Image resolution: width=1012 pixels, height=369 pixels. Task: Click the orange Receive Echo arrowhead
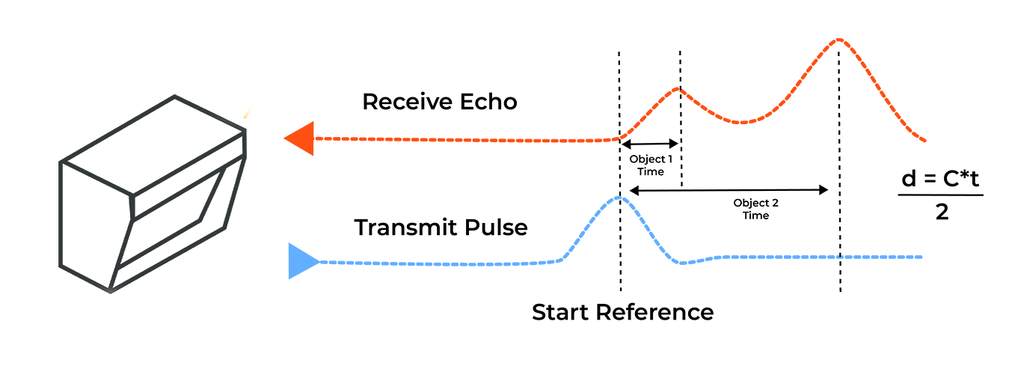[x=301, y=139]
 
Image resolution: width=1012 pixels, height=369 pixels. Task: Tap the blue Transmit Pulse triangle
[x=301, y=261]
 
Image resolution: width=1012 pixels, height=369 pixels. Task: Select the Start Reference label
[x=622, y=312]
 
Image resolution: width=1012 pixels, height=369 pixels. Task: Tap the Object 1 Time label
[x=650, y=165]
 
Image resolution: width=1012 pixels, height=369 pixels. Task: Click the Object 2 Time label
[x=755, y=209]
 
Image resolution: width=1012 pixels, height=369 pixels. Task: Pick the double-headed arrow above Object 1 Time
[x=649, y=144]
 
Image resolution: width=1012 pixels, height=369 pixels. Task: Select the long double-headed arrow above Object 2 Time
[x=729, y=191]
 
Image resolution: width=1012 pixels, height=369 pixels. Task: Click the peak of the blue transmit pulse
[x=619, y=198]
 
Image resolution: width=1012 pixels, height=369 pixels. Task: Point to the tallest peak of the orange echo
[x=839, y=39]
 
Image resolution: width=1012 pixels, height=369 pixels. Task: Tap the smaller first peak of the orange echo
[x=678, y=88]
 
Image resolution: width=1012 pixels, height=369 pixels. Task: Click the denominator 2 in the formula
[x=941, y=213]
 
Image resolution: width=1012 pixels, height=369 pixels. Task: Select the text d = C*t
[x=940, y=180]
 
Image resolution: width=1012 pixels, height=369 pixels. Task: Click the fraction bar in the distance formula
[x=940, y=196]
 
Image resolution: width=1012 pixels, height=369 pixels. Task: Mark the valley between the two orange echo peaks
[x=740, y=122]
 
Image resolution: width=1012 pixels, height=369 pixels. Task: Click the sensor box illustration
[x=153, y=195]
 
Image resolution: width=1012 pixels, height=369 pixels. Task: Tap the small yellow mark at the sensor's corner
[x=246, y=115]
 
